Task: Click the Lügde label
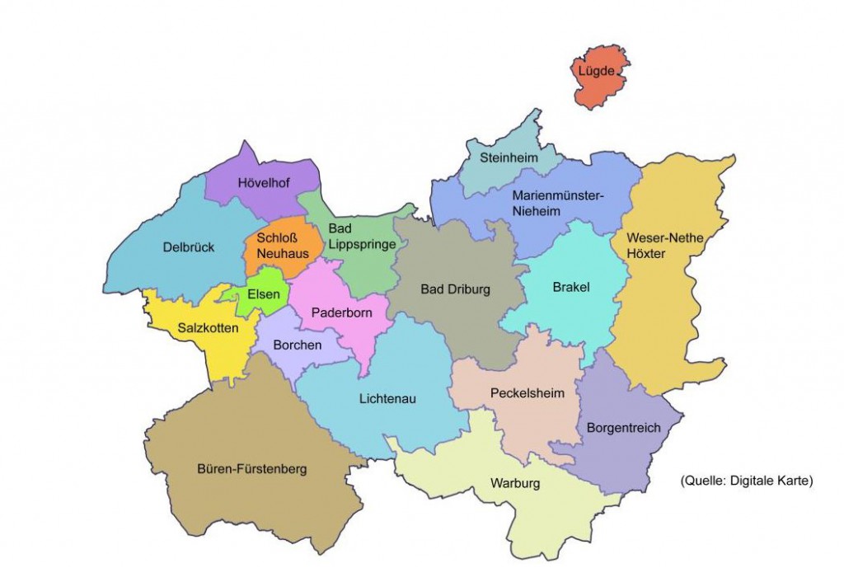596,73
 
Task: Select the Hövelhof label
262,183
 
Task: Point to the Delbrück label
184,246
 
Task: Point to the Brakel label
571,288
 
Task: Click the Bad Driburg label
455,289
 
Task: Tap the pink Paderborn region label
341,313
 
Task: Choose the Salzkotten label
208,328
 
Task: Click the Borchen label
298,345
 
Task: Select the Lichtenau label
387,399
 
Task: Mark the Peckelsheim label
527,393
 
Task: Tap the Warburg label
514,483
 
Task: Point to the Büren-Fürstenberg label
252,469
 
